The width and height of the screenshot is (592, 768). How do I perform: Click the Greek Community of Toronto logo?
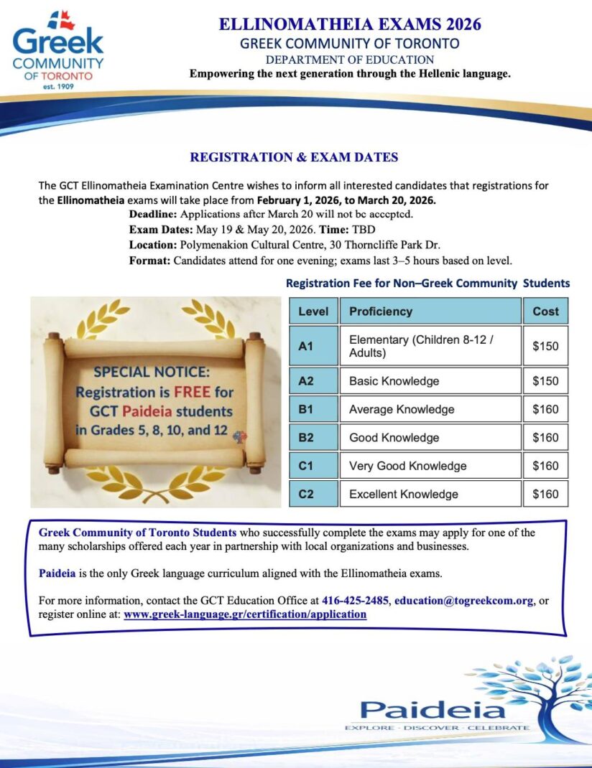[x=57, y=49]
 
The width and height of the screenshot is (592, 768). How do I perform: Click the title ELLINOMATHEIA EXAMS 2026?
[x=350, y=24]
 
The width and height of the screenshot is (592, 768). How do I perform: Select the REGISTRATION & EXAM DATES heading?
[x=294, y=157]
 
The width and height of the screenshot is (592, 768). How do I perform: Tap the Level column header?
[x=313, y=312]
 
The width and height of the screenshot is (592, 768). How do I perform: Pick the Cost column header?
[x=545, y=312]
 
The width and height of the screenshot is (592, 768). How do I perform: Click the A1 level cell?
[x=313, y=346]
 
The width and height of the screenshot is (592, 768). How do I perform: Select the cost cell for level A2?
[x=545, y=381]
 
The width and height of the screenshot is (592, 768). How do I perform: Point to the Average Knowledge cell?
[x=402, y=409]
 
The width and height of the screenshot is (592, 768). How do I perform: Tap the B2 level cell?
[x=313, y=437]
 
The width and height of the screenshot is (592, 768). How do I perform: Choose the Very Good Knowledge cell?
[x=407, y=466]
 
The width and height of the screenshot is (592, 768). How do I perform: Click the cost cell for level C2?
[x=545, y=494]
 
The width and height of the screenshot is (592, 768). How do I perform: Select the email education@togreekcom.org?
[x=464, y=601]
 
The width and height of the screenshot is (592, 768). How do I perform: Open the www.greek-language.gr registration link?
[x=245, y=614]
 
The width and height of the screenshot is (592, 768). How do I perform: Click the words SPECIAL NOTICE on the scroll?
[x=152, y=373]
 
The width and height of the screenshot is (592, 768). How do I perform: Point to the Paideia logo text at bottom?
[x=433, y=711]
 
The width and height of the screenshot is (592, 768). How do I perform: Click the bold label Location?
[x=149, y=244]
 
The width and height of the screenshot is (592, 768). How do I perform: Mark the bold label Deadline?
[x=153, y=215]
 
